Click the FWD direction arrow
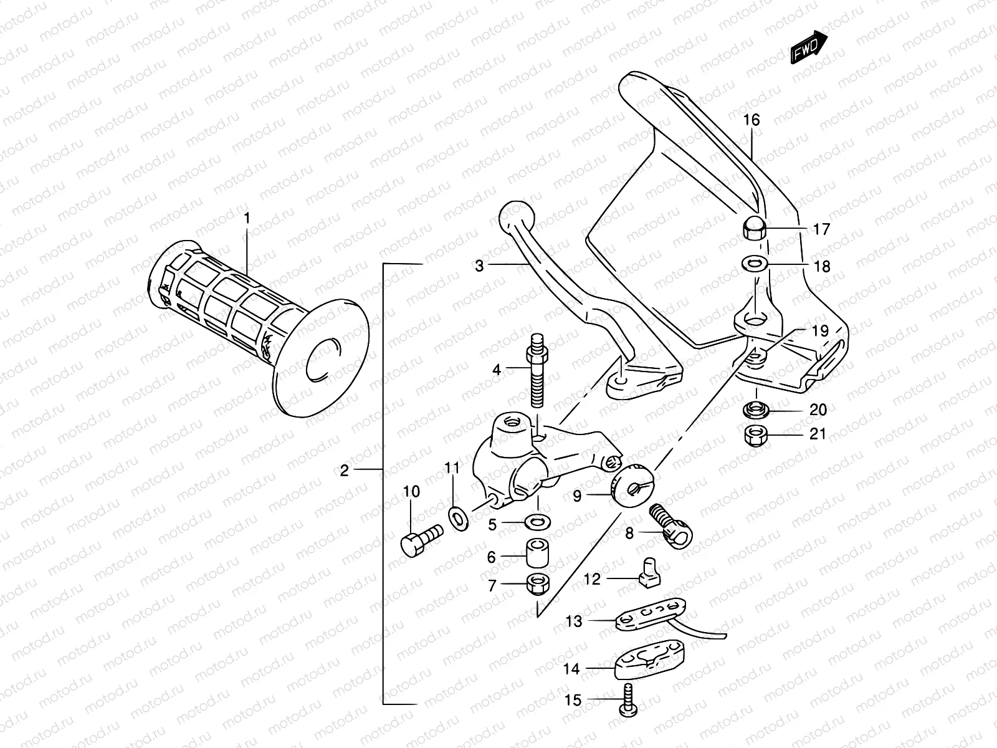[x=809, y=47]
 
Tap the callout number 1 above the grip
[x=247, y=219]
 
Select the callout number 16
[x=752, y=120]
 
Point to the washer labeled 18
[x=755, y=264]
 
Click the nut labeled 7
[x=537, y=584]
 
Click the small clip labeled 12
[x=648, y=572]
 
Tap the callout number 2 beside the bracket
[x=345, y=471]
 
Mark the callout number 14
[x=571, y=669]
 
